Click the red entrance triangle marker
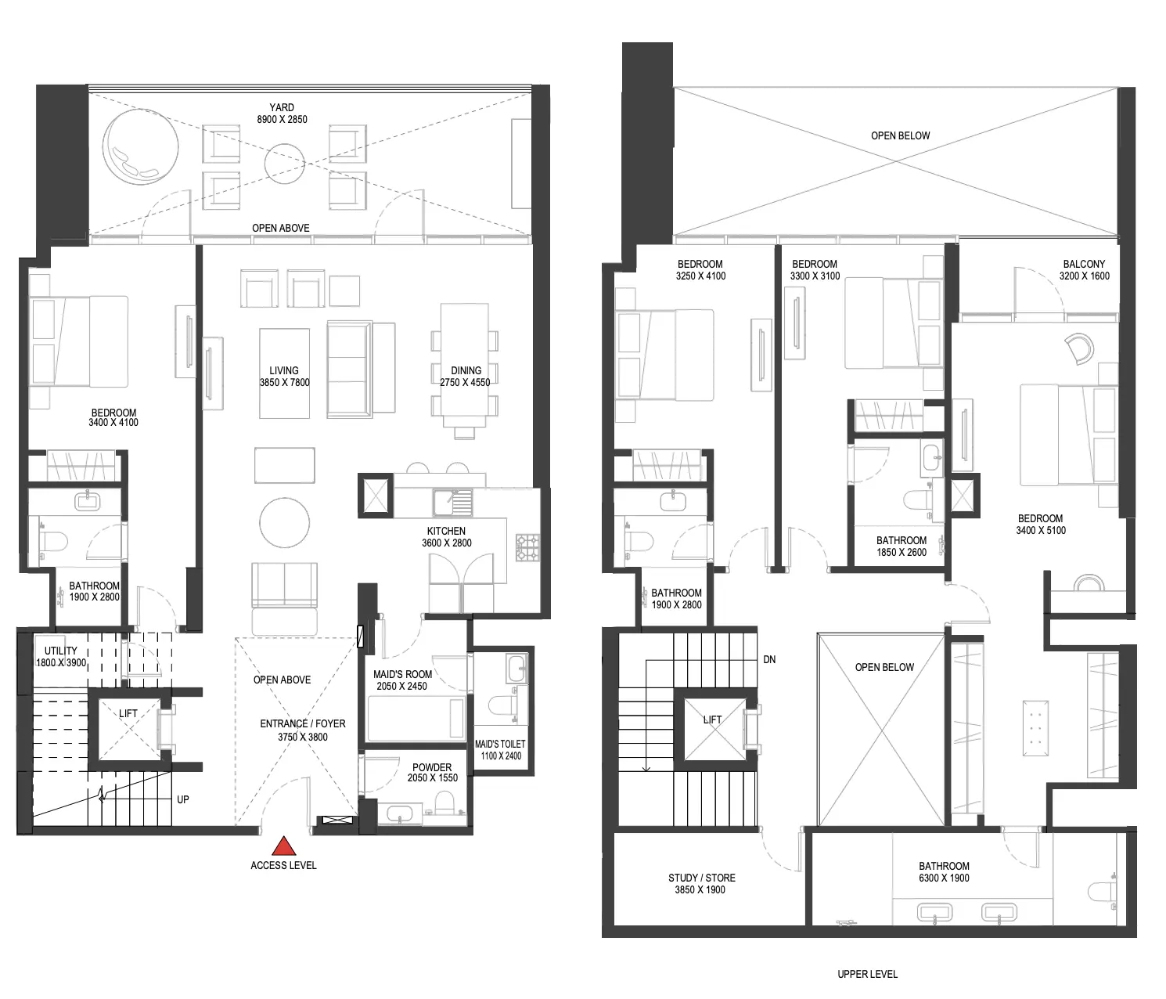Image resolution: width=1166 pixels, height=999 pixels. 284,846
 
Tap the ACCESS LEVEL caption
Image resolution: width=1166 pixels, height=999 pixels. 284,865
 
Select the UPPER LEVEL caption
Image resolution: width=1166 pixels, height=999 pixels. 868,974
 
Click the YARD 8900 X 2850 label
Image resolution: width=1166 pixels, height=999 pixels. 282,113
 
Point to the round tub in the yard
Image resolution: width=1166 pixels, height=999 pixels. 140,146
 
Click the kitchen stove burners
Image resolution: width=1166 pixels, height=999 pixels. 527,547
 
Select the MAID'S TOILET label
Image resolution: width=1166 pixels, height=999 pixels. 500,750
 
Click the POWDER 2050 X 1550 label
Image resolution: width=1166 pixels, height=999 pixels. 432,772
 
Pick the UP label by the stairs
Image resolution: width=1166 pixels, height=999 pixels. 183,799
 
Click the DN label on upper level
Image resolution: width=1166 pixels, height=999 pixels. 769,659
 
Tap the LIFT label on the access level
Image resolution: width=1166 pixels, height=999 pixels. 128,713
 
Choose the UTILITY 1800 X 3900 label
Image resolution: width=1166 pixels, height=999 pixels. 61,656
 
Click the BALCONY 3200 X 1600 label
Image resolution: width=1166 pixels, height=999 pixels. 1084,270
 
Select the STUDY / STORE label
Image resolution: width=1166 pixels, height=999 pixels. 701,883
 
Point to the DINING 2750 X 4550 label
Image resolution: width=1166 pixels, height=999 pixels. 466,376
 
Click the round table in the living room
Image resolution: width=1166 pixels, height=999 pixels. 284,523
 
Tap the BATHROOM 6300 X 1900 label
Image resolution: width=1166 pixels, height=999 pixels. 944,871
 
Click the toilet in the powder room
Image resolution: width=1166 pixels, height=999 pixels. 445,802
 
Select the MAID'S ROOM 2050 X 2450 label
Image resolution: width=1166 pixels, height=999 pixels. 402,680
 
